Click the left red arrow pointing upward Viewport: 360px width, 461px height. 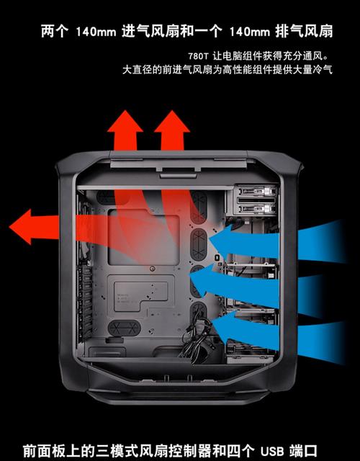coord(126,133)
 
